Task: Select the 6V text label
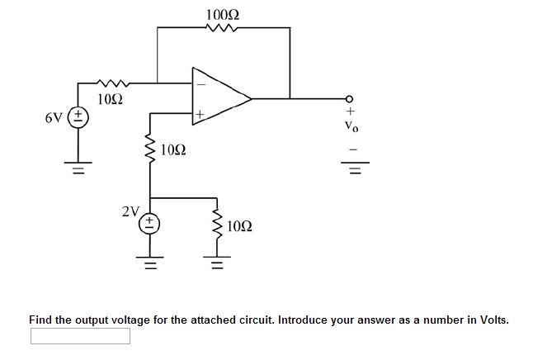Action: (x=55, y=117)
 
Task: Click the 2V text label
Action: (x=130, y=211)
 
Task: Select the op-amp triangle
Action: (x=219, y=98)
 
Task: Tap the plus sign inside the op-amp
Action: (x=200, y=114)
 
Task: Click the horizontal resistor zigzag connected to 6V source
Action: (x=111, y=83)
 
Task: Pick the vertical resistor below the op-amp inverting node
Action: (x=151, y=150)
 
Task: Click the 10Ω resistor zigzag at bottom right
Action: (x=217, y=225)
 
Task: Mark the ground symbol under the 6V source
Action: (x=79, y=172)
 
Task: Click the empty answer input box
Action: (x=80, y=336)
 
